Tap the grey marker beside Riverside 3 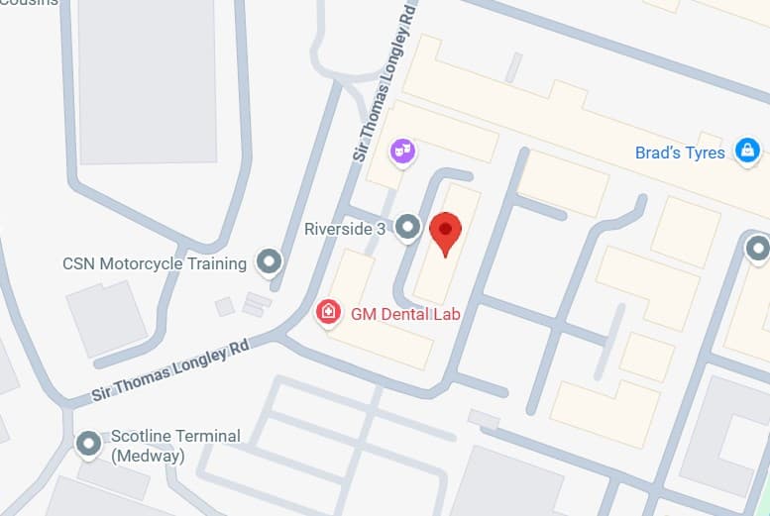pyautogui.click(x=408, y=229)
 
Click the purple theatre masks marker pyautogui.click(x=402, y=152)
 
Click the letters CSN pyautogui.click(x=78, y=264)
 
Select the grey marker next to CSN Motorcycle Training pyautogui.click(x=269, y=262)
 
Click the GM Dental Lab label pyautogui.click(x=405, y=315)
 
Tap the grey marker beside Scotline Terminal pyautogui.click(x=89, y=444)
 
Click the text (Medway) pyautogui.click(x=148, y=456)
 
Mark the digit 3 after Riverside pyautogui.click(x=381, y=230)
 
